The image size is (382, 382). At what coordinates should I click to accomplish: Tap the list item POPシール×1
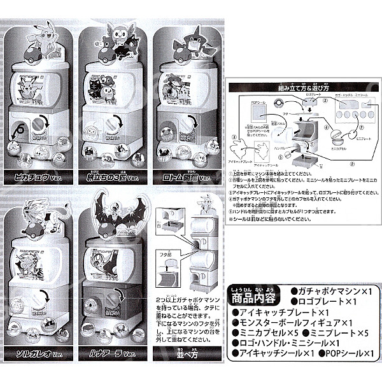point(346,353)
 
